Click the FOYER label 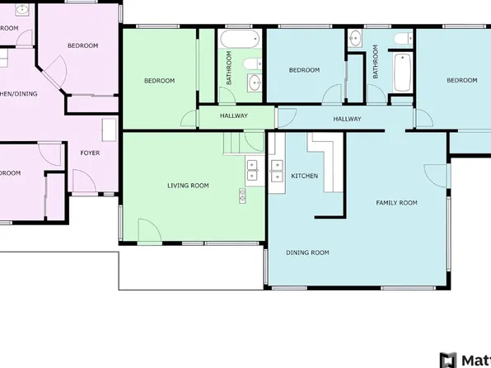tap(90, 153)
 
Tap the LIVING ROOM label tap(188, 186)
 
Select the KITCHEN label tap(305, 177)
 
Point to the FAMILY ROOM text tap(396, 202)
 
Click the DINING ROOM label tap(307, 252)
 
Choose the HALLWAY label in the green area tap(234, 116)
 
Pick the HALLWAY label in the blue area tap(347, 120)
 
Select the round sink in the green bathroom tap(254, 82)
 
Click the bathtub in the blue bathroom tap(401, 71)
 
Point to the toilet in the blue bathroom tap(403, 39)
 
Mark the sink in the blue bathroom tap(354, 38)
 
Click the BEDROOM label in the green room tap(159, 80)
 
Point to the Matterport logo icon tap(448, 360)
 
